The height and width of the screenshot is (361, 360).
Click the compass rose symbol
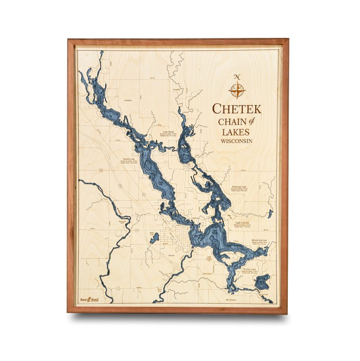[236, 90]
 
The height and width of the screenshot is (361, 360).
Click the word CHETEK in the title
[236, 109]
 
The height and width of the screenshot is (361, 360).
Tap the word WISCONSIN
[236, 141]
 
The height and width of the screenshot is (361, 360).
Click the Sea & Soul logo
[89, 299]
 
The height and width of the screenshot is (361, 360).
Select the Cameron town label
[128, 101]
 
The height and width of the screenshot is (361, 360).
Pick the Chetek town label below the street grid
[171, 255]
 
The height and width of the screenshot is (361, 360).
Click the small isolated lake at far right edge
[270, 213]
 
